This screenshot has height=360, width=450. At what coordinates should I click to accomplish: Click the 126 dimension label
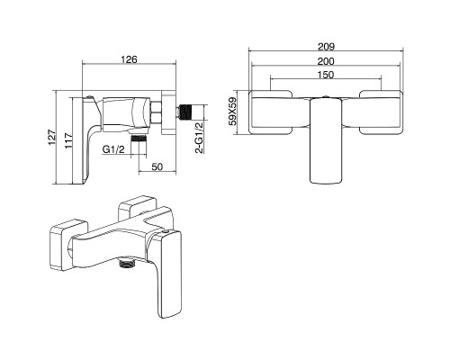point(129,59)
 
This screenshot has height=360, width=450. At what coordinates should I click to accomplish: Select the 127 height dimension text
point(52,138)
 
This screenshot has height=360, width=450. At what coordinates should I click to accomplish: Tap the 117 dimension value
point(68,140)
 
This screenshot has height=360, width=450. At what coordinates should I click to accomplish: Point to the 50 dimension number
point(157,166)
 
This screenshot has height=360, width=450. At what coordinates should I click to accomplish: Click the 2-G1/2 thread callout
point(200,138)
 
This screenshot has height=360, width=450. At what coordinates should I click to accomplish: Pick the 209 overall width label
point(326,47)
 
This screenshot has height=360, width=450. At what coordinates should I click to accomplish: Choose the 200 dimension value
point(326,61)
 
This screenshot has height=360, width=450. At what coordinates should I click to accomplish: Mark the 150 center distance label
point(326,75)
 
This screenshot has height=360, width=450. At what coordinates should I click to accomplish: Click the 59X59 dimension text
point(232,112)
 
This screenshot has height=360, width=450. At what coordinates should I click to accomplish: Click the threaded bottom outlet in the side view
point(139,139)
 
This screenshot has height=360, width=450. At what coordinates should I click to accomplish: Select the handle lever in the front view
point(326,140)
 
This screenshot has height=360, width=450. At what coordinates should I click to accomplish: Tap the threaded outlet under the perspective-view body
point(127,262)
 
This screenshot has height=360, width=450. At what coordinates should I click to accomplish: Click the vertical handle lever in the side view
point(90,141)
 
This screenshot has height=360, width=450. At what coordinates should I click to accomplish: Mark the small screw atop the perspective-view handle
point(165,232)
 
